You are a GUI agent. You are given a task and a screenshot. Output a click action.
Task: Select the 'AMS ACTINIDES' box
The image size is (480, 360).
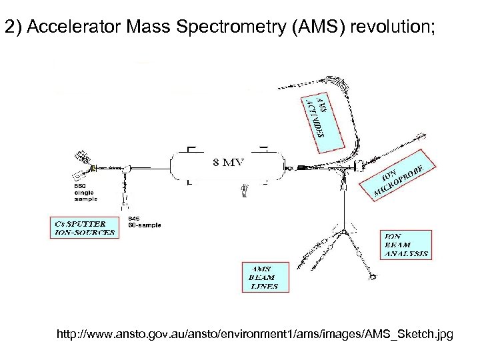319,119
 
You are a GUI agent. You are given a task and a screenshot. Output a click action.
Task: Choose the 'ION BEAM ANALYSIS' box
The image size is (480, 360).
406,245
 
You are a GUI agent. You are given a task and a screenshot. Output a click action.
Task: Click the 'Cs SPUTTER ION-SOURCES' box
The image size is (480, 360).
83,227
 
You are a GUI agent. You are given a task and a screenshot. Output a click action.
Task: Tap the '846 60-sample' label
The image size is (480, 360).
144,222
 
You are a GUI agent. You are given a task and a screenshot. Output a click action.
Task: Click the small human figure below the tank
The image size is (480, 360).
245,191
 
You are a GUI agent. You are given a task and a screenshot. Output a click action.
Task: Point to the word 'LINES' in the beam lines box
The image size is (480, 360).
264,286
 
